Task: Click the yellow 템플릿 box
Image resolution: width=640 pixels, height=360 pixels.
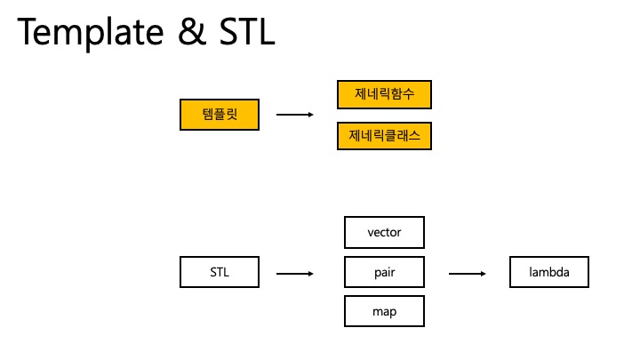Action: (x=219, y=115)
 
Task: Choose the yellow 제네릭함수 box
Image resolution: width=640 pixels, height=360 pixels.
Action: (x=384, y=94)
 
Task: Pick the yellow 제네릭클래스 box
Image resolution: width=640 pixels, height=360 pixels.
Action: (x=384, y=135)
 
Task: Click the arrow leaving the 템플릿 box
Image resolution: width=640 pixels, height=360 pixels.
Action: (x=295, y=115)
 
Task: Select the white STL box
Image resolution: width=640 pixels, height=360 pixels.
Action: (x=219, y=272)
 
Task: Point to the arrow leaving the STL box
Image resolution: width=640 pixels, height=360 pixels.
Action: (x=295, y=273)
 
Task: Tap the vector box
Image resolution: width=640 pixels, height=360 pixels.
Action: (x=384, y=232)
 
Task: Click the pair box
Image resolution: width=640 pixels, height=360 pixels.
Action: (x=384, y=272)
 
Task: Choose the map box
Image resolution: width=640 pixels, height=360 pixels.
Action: (x=384, y=311)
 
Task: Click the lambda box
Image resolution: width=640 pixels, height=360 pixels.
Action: (x=550, y=272)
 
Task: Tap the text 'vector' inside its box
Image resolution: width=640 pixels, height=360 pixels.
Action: (x=384, y=233)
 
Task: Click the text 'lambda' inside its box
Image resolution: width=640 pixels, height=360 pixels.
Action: (x=550, y=272)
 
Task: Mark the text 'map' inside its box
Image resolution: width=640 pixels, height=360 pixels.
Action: (x=384, y=312)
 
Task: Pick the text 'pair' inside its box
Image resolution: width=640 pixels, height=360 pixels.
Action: (x=384, y=273)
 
